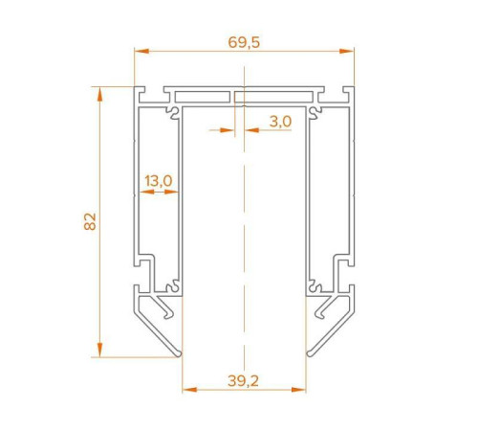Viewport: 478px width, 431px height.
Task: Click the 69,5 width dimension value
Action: tap(245, 41)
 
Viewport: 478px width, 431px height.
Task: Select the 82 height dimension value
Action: tap(89, 221)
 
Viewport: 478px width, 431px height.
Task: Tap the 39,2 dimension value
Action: tap(245, 380)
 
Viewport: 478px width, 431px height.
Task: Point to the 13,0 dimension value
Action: tap(158, 179)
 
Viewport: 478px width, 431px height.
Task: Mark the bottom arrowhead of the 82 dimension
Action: tap(99, 352)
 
